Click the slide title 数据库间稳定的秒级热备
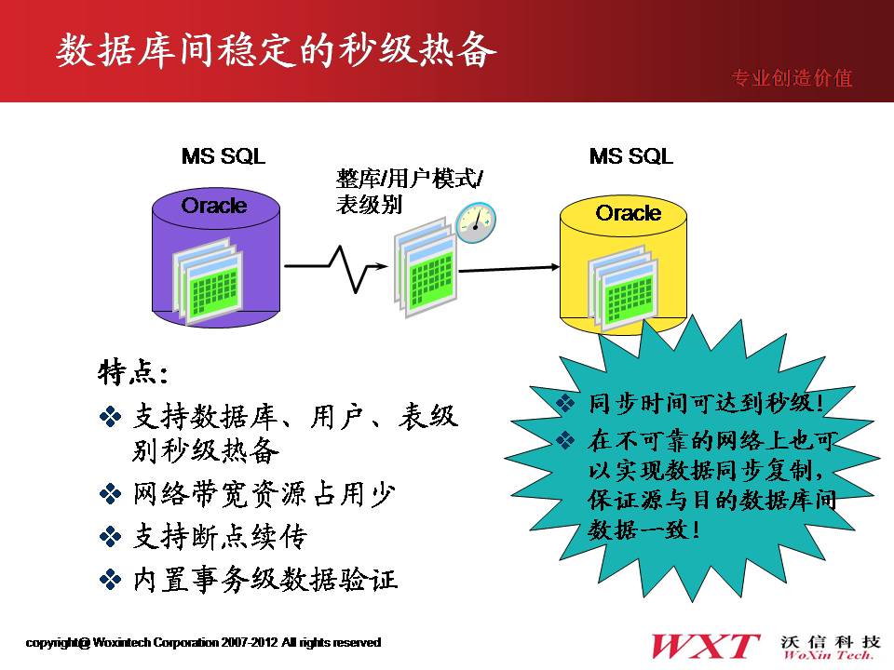coord(276,50)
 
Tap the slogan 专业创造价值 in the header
coord(792,78)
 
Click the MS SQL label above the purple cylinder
coord(223,156)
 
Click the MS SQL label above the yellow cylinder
coord(631,156)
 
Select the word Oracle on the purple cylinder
coord(214,206)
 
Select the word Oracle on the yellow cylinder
coord(629,213)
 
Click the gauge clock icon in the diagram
coord(476,222)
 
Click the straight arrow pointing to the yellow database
coord(508,268)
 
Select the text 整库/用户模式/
coord(410,179)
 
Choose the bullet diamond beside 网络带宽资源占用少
coord(110,493)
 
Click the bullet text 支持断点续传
coord(220,537)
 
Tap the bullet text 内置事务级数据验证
coord(265,580)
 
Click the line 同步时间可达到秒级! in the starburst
coord(707,403)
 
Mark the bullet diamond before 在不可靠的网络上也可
coord(565,440)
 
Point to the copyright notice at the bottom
coord(204,643)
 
